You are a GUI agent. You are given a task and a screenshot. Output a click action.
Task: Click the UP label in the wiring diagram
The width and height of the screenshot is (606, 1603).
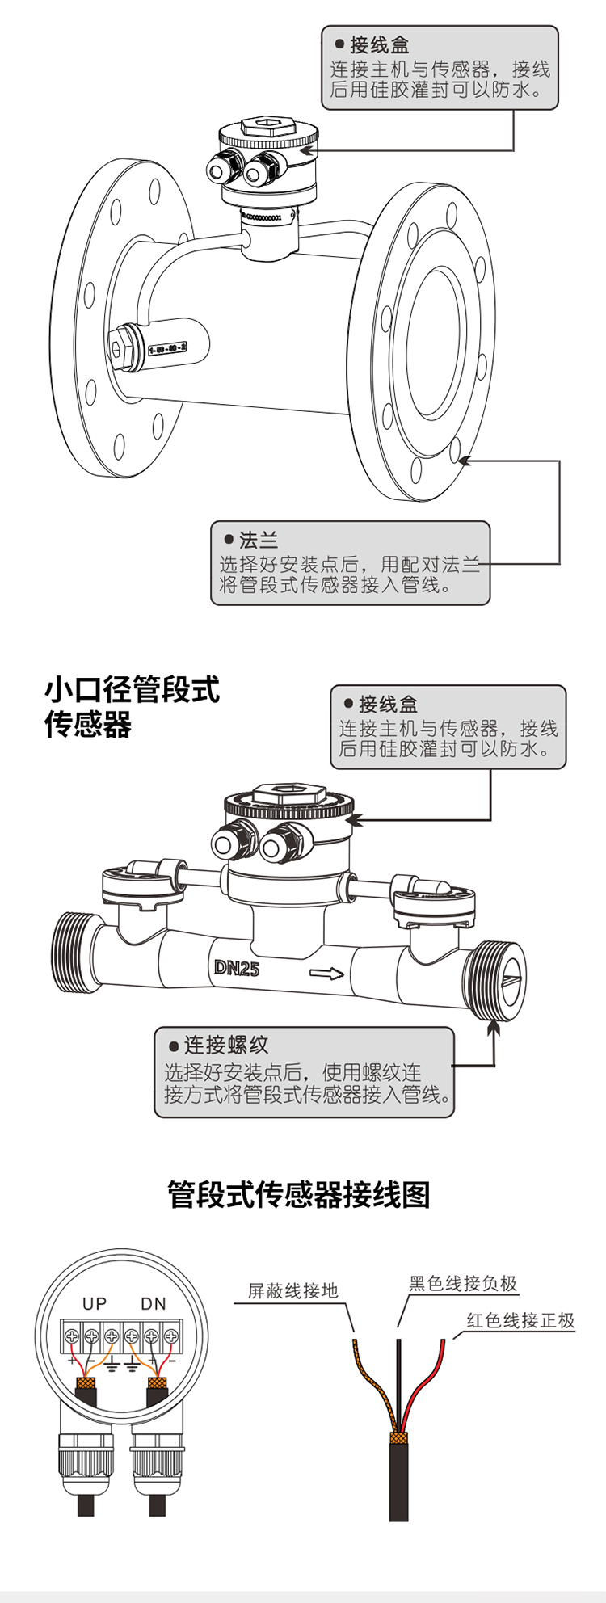(95, 1303)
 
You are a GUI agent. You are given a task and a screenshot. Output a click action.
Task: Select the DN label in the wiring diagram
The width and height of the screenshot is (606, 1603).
(154, 1303)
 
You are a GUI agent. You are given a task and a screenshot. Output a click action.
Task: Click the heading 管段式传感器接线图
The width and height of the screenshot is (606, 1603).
(299, 1194)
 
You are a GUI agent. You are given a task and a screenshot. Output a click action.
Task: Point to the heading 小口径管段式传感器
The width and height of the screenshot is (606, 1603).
(132, 707)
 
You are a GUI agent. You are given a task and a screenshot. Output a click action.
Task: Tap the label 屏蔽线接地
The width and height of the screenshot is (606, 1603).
(292, 1290)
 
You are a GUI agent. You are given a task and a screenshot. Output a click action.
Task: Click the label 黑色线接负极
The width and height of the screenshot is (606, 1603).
(463, 1283)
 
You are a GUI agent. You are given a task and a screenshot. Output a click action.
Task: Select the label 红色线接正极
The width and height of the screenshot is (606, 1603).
(520, 1320)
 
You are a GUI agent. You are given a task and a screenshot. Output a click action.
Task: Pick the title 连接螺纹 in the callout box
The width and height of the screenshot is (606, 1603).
(226, 1045)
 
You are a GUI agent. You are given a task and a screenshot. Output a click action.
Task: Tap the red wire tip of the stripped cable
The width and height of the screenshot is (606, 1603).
(442, 1344)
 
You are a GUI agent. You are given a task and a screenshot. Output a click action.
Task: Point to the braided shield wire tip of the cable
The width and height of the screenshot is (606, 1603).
(355, 1344)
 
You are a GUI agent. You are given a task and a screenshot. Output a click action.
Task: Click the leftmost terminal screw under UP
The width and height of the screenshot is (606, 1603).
(72, 1337)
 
